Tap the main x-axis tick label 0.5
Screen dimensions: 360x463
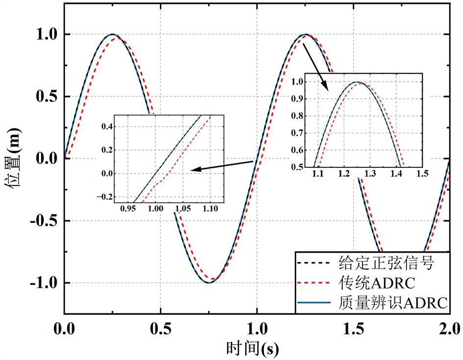coord(160,327)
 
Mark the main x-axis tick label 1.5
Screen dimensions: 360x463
coord(354,327)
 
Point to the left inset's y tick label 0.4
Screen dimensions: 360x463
coord(107,127)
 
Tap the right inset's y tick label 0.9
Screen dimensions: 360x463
coord(297,99)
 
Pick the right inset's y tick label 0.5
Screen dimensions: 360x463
coord(297,167)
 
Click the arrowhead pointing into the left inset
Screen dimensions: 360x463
coord(193,170)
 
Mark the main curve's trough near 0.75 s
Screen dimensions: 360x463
coord(208,283)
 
